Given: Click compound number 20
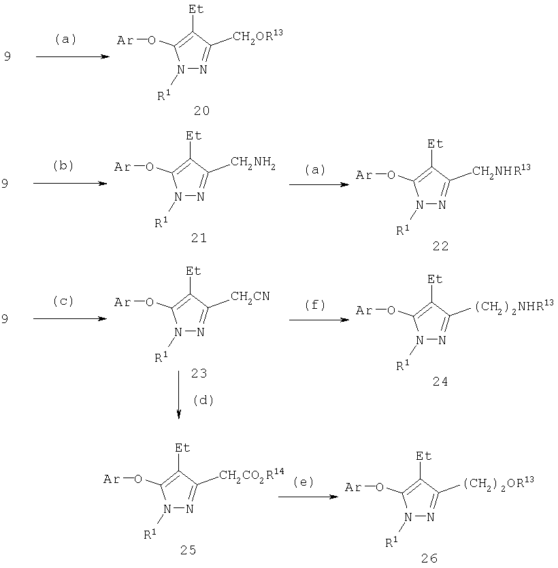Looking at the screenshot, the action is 201,110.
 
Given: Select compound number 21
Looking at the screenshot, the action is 199,238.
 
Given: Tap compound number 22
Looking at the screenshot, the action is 440,246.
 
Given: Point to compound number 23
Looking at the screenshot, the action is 199,373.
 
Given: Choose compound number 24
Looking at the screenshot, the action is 440,382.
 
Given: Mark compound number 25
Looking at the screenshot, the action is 188,550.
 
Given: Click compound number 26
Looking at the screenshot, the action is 429,558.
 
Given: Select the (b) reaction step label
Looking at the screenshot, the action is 63,165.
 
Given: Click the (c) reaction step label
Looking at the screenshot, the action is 63,301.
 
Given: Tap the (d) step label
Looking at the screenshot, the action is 203,400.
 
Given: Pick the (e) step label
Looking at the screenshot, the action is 303,482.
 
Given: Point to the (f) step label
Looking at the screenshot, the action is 315,305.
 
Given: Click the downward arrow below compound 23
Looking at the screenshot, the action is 179,395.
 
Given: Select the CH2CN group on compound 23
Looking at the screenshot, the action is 250,297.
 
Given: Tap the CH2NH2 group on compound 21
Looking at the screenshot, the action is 253,162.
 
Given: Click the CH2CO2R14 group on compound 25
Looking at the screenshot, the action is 252,474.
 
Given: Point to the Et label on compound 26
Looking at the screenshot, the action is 424,456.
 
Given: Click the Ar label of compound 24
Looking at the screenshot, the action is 363,310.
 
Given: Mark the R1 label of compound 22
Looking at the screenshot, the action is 403,231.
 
